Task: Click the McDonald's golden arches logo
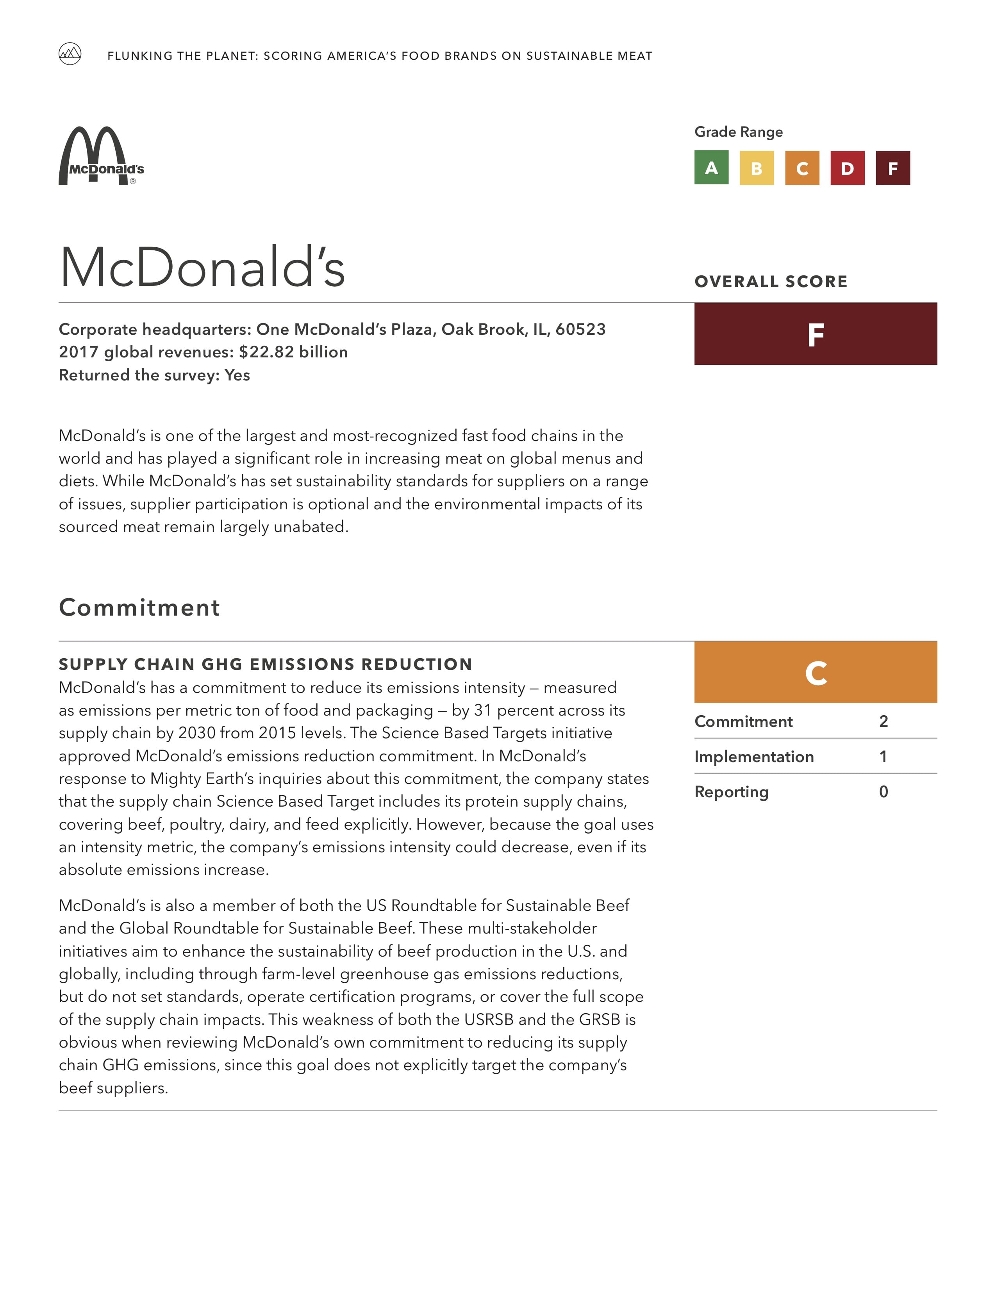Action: pos(101,156)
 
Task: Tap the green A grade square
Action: pos(711,168)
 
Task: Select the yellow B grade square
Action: pos(757,168)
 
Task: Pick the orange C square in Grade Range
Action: pos(802,168)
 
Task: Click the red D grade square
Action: pos(847,168)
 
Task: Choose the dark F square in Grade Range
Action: pos(893,168)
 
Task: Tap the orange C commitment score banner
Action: pos(816,672)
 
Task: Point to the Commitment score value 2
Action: pos(883,721)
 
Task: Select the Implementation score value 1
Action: pos(883,757)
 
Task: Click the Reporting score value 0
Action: pos(883,792)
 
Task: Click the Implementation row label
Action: pos(754,757)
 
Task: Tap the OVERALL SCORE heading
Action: pos(771,282)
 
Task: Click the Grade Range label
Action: pos(738,132)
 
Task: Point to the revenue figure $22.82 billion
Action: pos(293,352)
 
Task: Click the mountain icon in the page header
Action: pos(70,54)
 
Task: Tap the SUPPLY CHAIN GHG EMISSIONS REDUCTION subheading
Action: pos(266,664)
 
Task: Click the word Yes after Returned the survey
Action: pos(237,375)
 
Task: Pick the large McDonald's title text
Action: pos(202,267)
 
